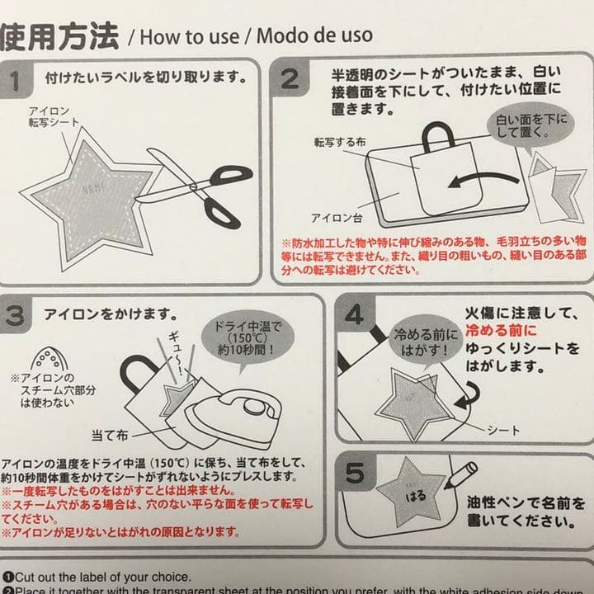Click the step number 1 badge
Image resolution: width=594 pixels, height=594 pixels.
click(19, 80)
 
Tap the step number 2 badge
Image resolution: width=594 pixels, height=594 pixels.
click(290, 79)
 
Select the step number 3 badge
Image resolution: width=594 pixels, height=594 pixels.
click(17, 315)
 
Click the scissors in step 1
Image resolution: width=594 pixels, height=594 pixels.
click(197, 186)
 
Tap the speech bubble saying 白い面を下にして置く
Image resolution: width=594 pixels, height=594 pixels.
click(530, 127)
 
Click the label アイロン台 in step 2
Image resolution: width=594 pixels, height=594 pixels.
click(333, 218)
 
